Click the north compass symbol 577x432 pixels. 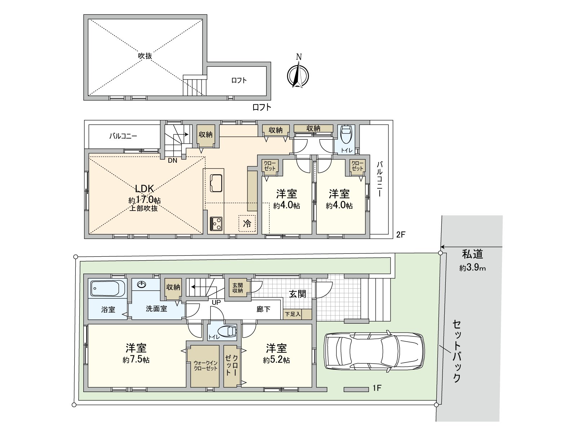point(298,75)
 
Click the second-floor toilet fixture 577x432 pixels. point(346,134)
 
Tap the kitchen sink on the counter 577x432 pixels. point(216,183)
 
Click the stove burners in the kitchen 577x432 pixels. point(216,224)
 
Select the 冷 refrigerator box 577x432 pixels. point(247,223)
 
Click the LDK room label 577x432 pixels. point(145,188)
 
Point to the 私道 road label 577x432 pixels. point(472,254)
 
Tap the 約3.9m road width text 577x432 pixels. point(472,268)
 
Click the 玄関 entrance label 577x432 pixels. point(298,294)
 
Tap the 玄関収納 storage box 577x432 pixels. point(238,288)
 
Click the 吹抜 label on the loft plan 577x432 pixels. point(145,56)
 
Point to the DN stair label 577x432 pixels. point(172,161)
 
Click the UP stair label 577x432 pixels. point(216,302)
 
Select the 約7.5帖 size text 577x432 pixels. point(136,360)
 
